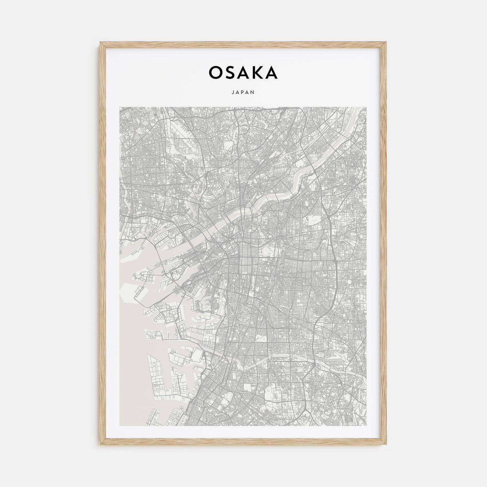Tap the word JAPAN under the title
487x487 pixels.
243,93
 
